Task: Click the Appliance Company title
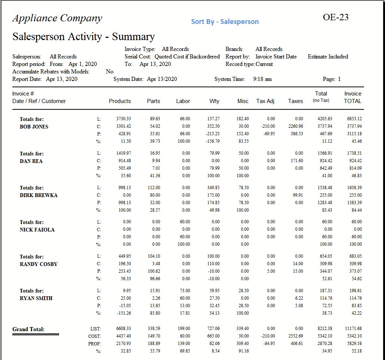click(57, 18)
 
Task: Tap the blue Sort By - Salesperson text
click(225, 22)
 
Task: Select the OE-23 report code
click(336, 17)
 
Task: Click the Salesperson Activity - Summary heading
click(83, 37)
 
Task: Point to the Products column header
click(120, 101)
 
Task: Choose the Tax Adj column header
click(265, 101)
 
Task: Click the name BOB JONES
click(34, 127)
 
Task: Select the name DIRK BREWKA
click(39, 195)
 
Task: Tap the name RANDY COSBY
click(39, 264)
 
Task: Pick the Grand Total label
click(28, 329)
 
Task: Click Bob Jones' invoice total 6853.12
click(354, 119)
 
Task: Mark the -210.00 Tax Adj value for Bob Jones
click(268, 126)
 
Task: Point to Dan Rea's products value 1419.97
click(124, 153)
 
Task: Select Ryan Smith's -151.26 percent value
click(123, 313)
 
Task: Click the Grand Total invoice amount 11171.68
click(353, 329)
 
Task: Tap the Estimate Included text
click(328, 57)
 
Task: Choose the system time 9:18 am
click(262, 79)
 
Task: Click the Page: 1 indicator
click(331, 79)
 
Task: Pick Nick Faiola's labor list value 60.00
click(185, 222)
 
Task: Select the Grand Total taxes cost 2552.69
click(296, 336)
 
